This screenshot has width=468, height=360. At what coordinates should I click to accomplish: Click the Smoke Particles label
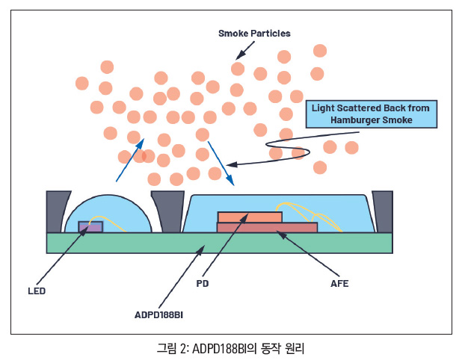254,34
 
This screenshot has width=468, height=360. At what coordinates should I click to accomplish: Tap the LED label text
37,291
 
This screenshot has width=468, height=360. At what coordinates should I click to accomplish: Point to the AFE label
339,284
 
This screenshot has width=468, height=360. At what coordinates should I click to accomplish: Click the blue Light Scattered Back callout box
371,114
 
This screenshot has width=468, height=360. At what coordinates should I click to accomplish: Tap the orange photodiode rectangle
250,217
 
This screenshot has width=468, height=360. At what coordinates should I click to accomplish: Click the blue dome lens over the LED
112,209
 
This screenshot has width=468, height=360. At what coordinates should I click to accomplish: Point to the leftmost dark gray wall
57,212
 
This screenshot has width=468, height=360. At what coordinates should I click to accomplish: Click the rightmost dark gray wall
382,212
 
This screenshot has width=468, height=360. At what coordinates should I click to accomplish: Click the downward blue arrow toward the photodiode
221,161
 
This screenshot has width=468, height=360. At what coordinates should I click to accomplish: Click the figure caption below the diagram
231,348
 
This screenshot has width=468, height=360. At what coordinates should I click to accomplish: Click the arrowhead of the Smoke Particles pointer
238,57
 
